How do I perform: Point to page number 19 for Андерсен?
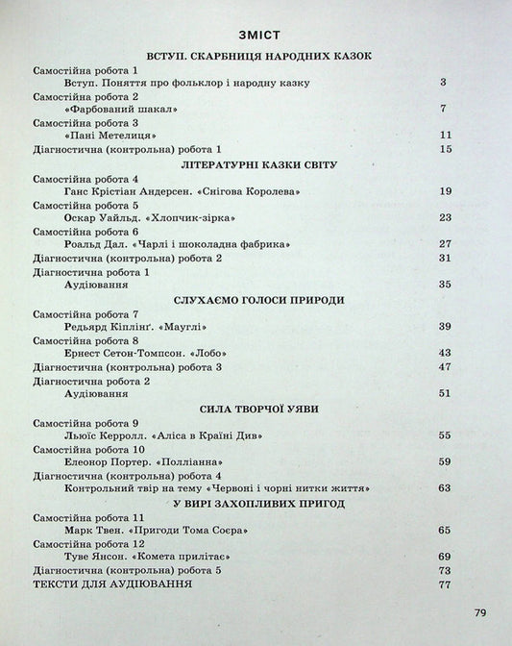[x=444, y=192]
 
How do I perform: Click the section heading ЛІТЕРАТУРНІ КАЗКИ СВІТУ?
[x=255, y=164]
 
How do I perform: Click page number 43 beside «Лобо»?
[x=444, y=353]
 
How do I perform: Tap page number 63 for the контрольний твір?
[x=444, y=488]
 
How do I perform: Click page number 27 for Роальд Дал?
[x=444, y=244]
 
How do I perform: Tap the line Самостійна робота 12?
[x=88, y=543]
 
